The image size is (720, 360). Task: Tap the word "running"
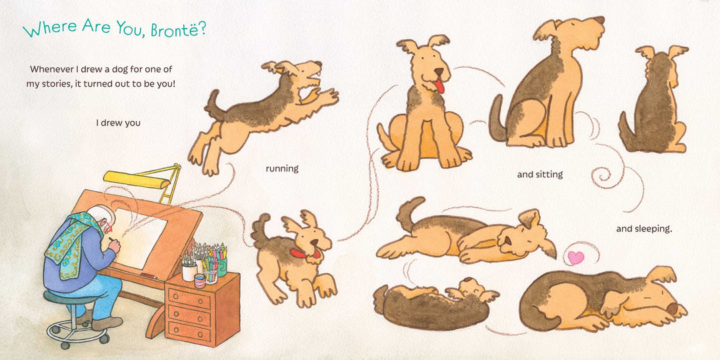[x=282, y=169]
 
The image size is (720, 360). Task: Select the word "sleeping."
[x=644, y=229]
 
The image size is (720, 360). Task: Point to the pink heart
[x=576, y=257]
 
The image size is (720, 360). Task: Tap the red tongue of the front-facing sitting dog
[x=440, y=86]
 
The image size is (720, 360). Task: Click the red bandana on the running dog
[x=303, y=253]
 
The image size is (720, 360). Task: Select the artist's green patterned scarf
[x=73, y=243]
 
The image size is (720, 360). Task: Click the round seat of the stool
[x=69, y=298]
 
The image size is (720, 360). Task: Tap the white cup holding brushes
[x=189, y=272]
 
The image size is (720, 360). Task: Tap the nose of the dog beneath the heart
[x=672, y=309]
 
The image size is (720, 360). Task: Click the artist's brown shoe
[x=107, y=323]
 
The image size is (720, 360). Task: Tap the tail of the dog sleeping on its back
[x=408, y=212]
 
